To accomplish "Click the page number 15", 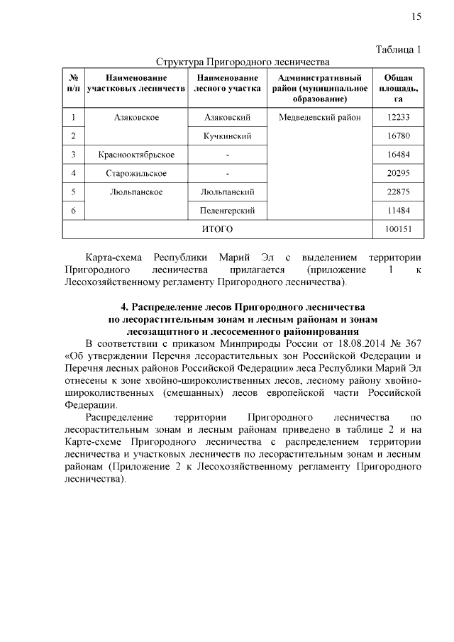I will click(x=416, y=16).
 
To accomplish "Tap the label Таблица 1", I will click(x=398, y=50).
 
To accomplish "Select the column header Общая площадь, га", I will click(x=399, y=89).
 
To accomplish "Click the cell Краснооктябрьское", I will click(x=136, y=155).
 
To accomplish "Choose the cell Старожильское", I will click(x=136, y=173).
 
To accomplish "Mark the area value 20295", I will click(x=399, y=173).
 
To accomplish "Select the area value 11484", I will click(x=399, y=211).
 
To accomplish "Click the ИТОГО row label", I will click(x=218, y=229).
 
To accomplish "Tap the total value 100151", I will click(x=399, y=229).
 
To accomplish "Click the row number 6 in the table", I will click(x=73, y=211).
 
